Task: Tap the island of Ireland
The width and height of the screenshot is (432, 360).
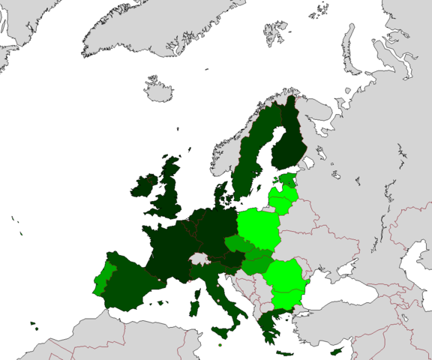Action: (143, 186)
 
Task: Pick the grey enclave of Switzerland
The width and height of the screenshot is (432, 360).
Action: (199, 258)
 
